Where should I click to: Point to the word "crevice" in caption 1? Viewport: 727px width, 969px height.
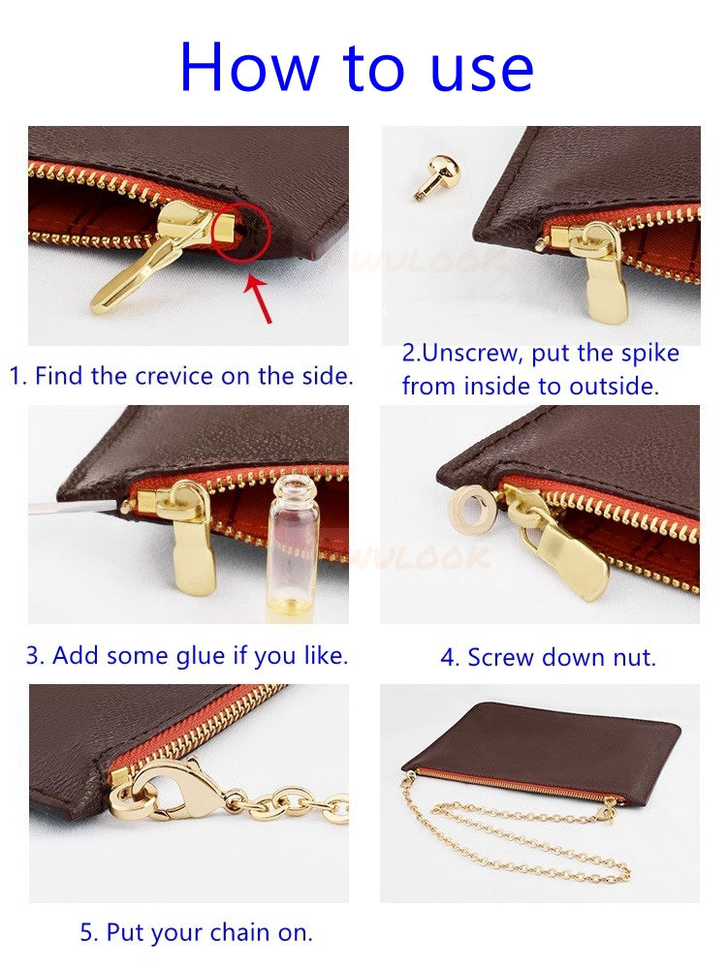point(174,376)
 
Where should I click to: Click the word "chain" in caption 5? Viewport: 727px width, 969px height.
point(236,933)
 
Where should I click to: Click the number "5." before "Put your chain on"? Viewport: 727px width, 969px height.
point(89,933)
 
